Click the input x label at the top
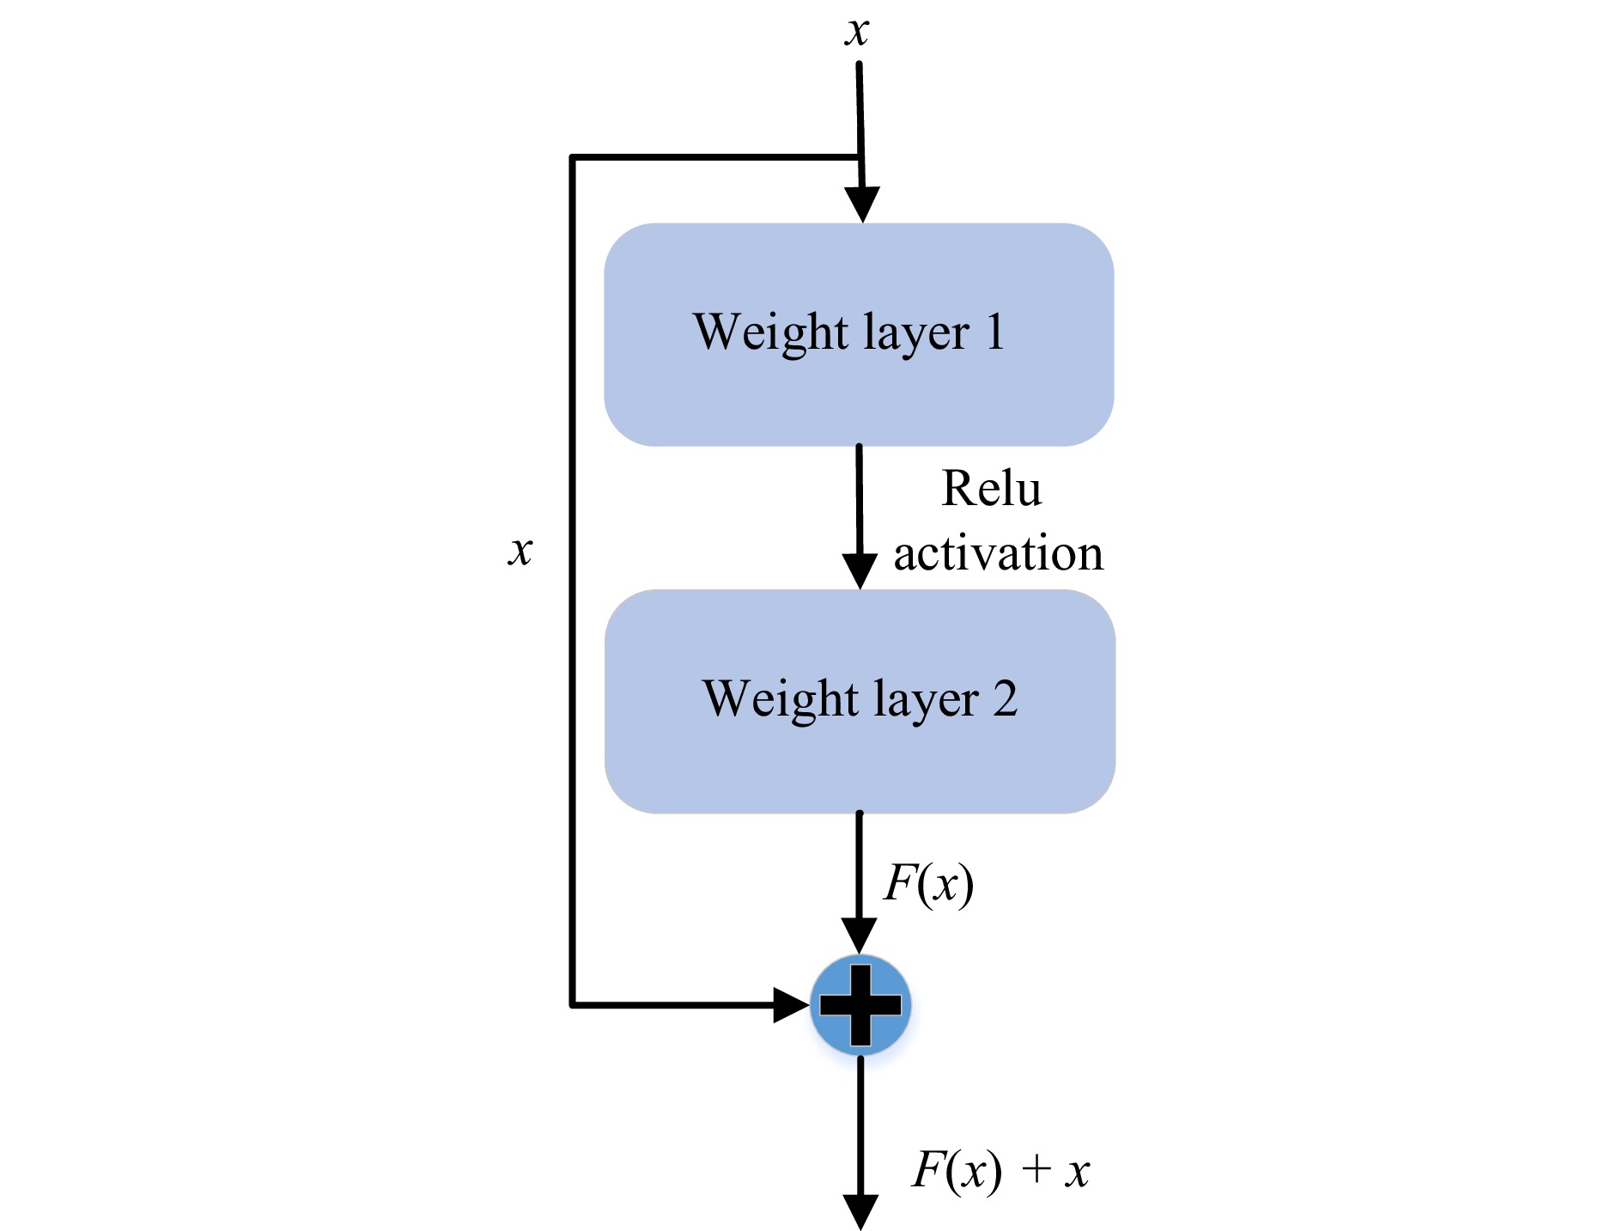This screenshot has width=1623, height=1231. point(857,33)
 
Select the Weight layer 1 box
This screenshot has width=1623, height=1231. point(859,334)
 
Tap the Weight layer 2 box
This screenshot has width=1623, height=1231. point(860,701)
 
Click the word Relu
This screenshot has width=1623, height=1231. point(992,489)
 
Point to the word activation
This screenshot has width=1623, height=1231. point(998,553)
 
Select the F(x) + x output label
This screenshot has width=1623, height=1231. point(1000,1170)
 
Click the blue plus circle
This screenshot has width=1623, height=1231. point(860,1004)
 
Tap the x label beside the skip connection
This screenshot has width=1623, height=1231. point(520,550)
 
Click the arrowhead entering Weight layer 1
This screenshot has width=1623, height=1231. point(862,204)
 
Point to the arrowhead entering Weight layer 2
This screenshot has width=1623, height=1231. point(860,571)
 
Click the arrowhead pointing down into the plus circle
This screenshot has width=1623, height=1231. point(859,935)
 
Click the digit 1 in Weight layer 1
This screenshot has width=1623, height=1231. point(995,332)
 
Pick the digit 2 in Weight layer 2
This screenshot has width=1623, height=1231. point(1006,698)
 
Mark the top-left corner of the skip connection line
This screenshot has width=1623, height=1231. point(573,157)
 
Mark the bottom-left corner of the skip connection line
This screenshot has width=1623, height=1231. point(573,1003)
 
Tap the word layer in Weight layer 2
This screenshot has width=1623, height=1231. point(926,701)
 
